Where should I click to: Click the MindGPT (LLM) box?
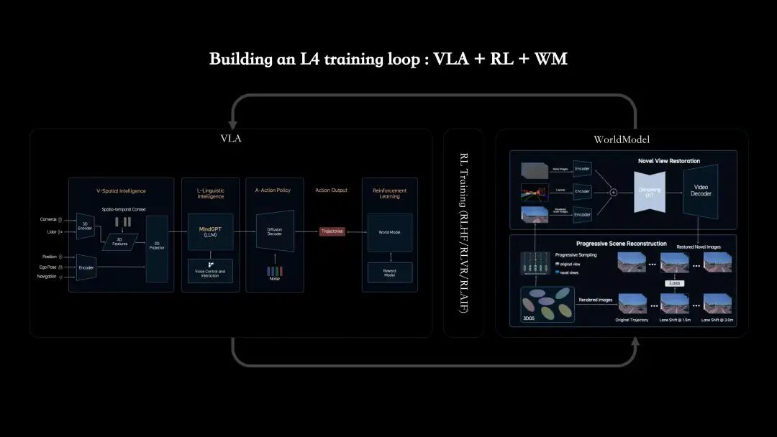tap(210, 231)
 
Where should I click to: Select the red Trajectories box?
tap(333, 231)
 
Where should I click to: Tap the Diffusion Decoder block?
tap(275, 231)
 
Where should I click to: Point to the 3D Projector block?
tap(157, 248)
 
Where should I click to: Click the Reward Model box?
tap(389, 272)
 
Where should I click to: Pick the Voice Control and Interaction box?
tap(210, 270)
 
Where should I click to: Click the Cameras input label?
tap(49, 219)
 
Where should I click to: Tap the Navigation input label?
tap(47, 277)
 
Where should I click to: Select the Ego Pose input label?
tap(48, 266)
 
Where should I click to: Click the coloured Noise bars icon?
tap(275, 271)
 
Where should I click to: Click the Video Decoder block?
tap(701, 190)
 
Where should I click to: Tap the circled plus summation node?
tap(614, 192)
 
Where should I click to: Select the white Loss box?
tap(674, 282)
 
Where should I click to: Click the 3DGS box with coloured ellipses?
tap(547, 303)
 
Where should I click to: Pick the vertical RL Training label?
tap(463, 232)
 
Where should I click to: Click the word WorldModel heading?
tap(622, 139)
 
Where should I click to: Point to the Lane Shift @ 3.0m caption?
tap(717, 319)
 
